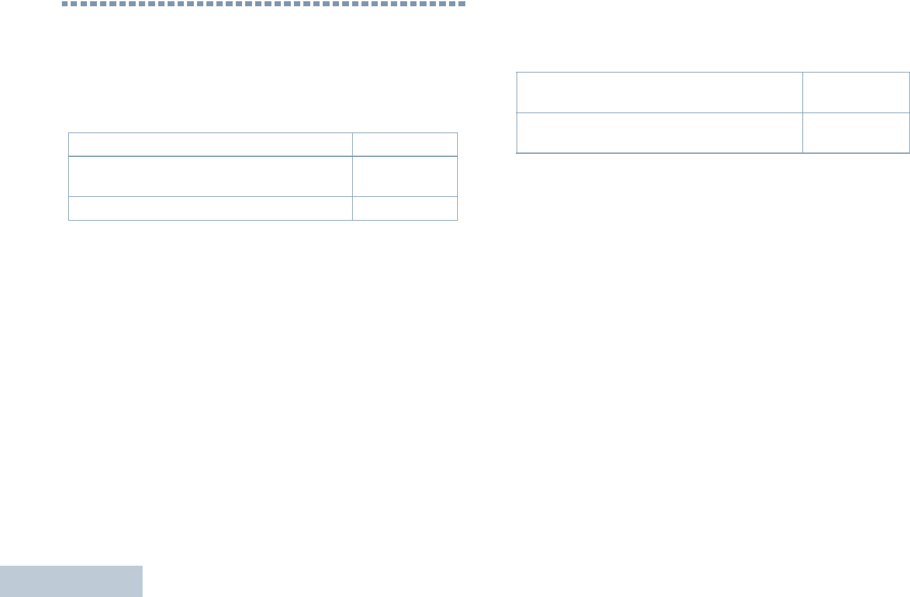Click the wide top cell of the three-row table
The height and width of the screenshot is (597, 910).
pyautogui.click(x=210, y=144)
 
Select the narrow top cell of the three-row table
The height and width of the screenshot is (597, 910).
pyautogui.click(x=405, y=144)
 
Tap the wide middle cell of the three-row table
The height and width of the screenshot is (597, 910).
pyautogui.click(x=210, y=176)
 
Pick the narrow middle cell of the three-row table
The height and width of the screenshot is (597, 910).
pyautogui.click(x=405, y=176)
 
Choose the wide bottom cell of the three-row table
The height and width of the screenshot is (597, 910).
pyautogui.click(x=210, y=208)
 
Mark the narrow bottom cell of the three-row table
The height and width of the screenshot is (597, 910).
pyautogui.click(x=405, y=208)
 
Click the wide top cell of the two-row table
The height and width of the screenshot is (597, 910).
pyautogui.click(x=659, y=92)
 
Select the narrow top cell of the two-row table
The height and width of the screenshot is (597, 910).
pyautogui.click(x=856, y=92)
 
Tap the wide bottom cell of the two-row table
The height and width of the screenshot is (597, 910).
pyautogui.click(x=659, y=133)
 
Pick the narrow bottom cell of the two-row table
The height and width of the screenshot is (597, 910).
pyautogui.click(x=856, y=133)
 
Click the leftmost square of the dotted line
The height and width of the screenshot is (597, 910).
pyautogui.click(x=65, y=4)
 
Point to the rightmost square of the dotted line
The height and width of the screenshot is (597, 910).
pyautogui.click(x=462, y=4)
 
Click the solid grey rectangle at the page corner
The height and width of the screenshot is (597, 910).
pyautogui.click(x=71, y=581)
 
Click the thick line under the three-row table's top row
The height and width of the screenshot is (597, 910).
pyautogui.click(x=263, y=156)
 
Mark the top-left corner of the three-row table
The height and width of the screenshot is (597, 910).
pyautogui.click(x=69, y=133)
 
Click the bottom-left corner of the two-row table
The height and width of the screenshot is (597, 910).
pyautogui.click(x=517, y=153)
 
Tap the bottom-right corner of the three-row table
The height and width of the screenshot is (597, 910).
pyautogui.click(x=457, y=220)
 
